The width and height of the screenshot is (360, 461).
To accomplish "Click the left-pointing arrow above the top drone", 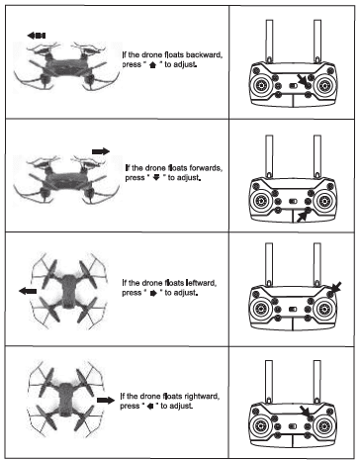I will point(37,35).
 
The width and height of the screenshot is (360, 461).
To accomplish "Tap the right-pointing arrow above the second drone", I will point(100,148).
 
